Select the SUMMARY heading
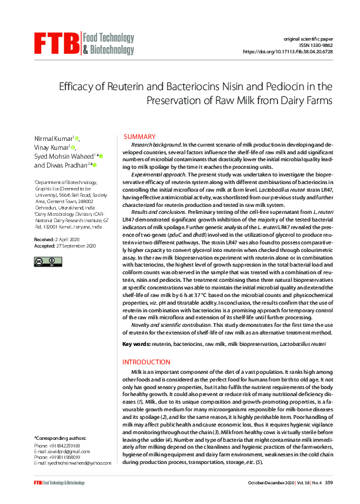coord(140,137)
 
